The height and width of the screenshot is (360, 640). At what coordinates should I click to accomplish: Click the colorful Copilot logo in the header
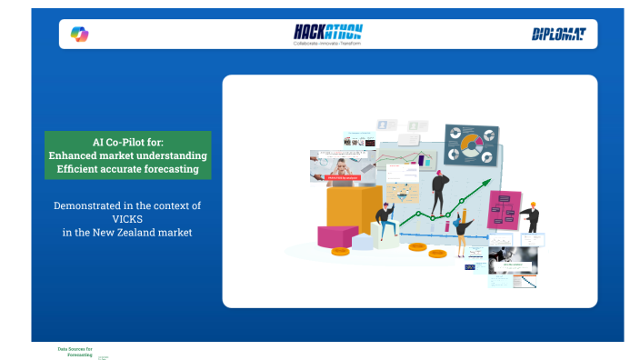pyautogui.click(x=79, y=35)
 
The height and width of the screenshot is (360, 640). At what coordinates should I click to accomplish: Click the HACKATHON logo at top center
pyautogui.click(x=327, y=31)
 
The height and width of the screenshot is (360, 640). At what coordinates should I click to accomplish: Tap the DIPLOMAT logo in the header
pyautogui.click(x=558, y=35)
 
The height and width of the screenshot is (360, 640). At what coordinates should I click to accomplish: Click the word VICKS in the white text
pyautogui.click(x=126, y=219)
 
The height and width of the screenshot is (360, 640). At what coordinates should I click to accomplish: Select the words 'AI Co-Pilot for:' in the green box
pyautogui.click(x=127, y=142)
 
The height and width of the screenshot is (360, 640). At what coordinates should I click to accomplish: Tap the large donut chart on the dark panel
pyautogui.click(x=471, y=143)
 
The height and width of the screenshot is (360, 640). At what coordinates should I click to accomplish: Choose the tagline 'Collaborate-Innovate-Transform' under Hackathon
pyautogui.click(x=327, y=43)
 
